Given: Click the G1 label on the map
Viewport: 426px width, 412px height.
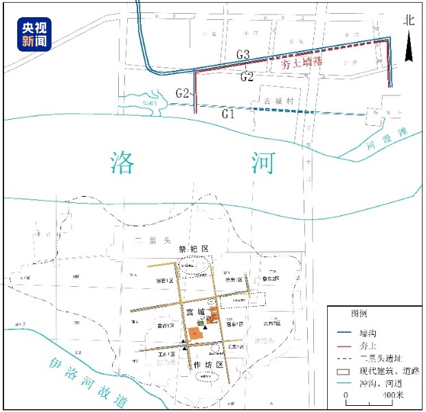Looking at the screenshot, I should click(229, 114).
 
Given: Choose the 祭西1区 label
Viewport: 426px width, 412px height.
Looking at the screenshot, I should click(166, 281).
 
